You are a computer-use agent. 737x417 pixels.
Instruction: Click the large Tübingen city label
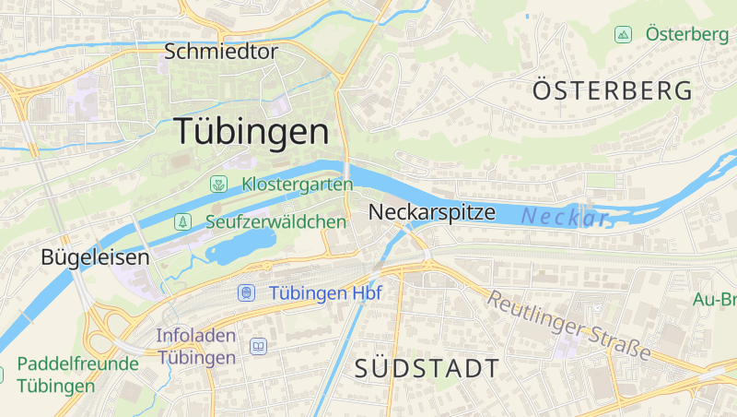coord(251,132)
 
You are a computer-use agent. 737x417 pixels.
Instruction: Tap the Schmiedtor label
coord(220,52)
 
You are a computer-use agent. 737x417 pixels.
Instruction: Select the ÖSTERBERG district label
coord(613,90)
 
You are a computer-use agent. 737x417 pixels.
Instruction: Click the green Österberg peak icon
coord(624,35)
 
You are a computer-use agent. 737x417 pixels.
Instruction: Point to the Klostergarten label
coord(297,185)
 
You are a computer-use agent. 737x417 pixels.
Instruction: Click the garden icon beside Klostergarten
coord(218,185)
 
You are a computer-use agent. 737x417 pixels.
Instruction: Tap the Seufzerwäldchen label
coord(276,222)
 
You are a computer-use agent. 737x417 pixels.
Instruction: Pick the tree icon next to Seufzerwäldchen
coord(183,222)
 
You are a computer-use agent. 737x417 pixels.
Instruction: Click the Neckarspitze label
coord(431,212)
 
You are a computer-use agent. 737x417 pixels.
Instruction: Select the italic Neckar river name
coord(564,218)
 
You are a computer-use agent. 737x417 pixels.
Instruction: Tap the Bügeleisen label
coord(95,257)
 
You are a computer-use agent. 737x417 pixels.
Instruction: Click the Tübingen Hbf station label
coord(325,293)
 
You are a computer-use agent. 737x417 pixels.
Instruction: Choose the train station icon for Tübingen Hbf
coord(246,293)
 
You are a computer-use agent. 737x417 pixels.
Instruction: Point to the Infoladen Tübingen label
coord(196,346)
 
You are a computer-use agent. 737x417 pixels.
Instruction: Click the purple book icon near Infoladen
coord(259,346)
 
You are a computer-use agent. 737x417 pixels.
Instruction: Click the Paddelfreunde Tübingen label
coord(77,374)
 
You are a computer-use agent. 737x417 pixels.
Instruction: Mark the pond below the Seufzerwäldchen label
coord(241,245)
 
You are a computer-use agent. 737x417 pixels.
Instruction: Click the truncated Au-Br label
coord(715,300)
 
